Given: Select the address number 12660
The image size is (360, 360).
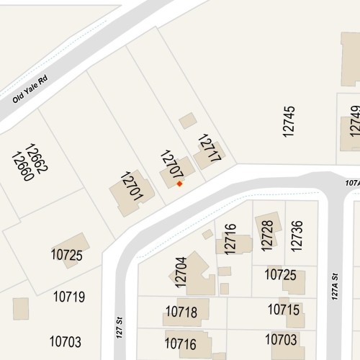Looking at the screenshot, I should (23, 166).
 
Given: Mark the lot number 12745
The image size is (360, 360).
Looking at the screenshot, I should (289, 121).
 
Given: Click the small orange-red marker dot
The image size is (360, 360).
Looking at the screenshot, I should (179, 184).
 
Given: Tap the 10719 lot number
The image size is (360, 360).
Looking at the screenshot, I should (69, 296).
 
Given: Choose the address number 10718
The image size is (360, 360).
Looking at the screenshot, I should (181, 312).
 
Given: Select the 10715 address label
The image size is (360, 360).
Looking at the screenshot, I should (284, 310).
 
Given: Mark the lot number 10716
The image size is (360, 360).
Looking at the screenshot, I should (181, 343).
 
